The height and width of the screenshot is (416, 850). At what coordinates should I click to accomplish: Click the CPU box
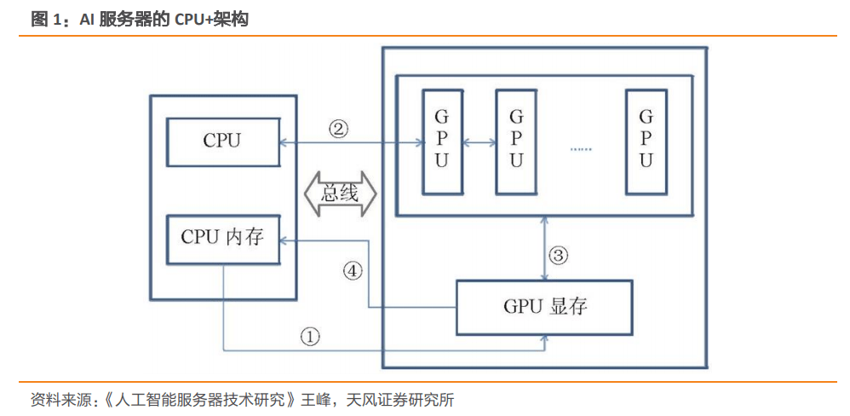click(x=222, y=142)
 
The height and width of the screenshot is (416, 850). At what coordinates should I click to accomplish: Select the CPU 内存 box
click(x=222, y=238)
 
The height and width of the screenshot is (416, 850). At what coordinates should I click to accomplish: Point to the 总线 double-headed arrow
click(x=339, y=194)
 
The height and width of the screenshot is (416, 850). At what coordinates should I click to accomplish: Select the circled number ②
click(x=338, y=129)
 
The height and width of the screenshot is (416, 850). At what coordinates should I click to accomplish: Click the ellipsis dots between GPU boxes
click(x=581, y=148)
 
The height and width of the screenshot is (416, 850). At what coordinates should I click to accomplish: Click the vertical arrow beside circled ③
click(x=545, y=247)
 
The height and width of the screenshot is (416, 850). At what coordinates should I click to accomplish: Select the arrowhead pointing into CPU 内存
click(x=288, y=240)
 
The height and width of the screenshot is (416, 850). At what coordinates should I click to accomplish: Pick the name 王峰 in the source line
click(x=318, y=399)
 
